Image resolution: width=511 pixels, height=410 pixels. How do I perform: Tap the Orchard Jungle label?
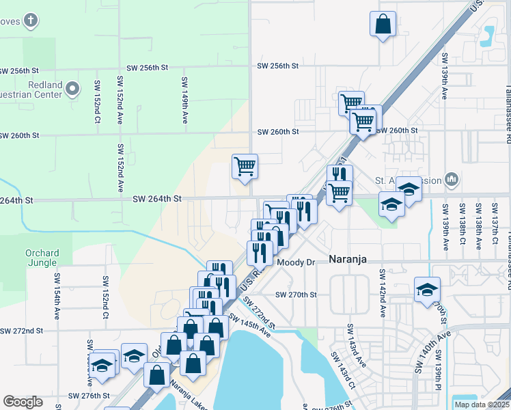pos(42,258)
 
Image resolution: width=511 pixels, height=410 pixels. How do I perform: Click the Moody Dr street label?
pos(295,262)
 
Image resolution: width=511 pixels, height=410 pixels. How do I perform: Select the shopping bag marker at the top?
pos(383,24)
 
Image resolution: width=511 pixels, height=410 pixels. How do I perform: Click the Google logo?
pos(23,402)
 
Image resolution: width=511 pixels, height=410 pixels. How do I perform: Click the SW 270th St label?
pos(296,295)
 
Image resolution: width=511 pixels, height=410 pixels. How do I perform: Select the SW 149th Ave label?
pos(184,100)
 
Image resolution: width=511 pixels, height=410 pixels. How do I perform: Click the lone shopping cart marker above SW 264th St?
pos(245,166)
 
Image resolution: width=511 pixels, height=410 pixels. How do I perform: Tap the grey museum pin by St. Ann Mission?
pos(451,180)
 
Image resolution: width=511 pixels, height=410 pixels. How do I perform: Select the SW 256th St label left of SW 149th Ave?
pos(148,68)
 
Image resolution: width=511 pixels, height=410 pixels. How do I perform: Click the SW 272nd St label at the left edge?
pos(21,330)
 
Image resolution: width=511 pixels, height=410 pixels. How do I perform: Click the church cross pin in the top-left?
pos(30,20)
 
